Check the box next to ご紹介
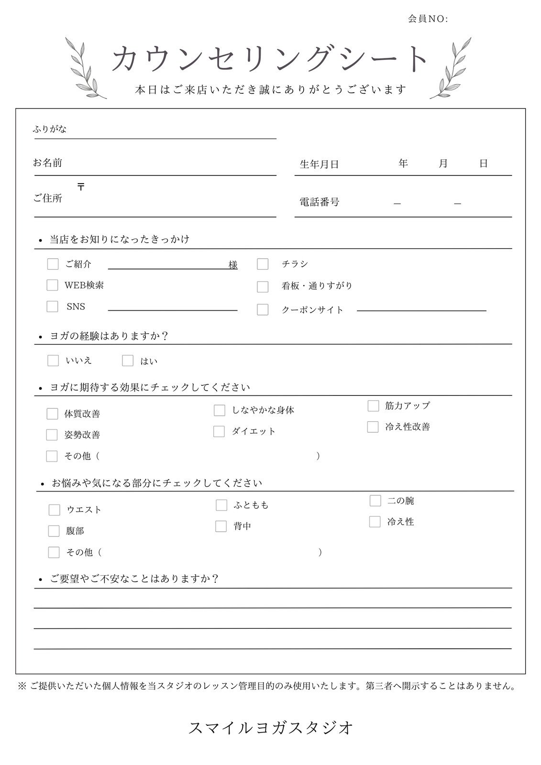[x=53, y=264]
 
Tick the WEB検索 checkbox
[x=52, y=285]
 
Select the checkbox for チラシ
[x=263, y=264]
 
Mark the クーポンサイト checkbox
[x=263, y=309]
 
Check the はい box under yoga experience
[x=128, y=361]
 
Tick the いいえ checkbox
[x=53, y=361]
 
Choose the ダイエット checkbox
[x=219, y=431]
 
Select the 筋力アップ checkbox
[x=373, y=406]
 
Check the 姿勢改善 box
[x=52, y=435]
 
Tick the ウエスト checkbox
[x=54, y=510]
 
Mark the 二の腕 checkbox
[x=375, y=501]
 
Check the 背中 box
[x=221, y=526]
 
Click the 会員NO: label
[x=428, y=19]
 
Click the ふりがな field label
[x=50, y=129]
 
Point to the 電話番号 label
[x=319, y=202]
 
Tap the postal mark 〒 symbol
[x=81, y=187]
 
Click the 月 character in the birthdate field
[x=443, y=164]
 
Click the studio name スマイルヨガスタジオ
[x=271, y=728]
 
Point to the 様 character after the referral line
[x=233, y=265]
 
